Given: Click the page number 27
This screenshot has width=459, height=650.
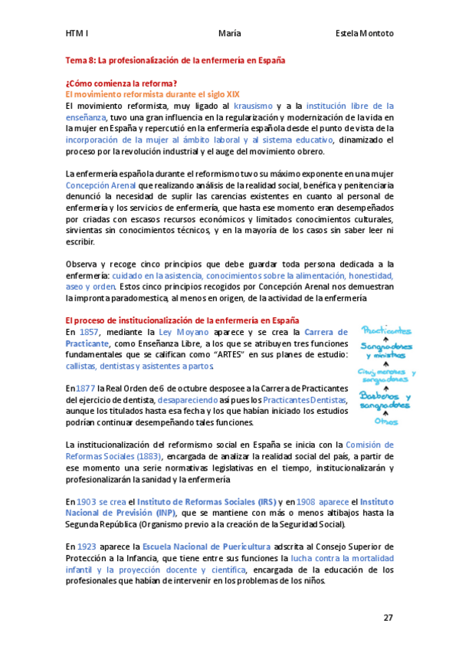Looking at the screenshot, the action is click(x=389, y=617).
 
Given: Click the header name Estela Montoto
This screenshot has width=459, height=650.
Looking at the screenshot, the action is click(x=364, y=34).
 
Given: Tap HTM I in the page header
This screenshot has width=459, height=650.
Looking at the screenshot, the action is click(x=77, y=34).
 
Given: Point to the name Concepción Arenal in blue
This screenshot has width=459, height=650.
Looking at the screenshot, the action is click(x=101, y=185).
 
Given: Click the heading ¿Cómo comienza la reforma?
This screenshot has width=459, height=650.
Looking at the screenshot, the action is click(x=123, y=84).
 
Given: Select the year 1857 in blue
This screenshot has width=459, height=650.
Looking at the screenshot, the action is click(x=89, y=332).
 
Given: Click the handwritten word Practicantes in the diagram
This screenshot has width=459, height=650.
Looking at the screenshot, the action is click(x=386, y=330).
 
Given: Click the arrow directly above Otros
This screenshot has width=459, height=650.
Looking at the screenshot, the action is click(x=385, y=412).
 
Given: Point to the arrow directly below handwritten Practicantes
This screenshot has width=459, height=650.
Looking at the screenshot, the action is click(x=386, y=339).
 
